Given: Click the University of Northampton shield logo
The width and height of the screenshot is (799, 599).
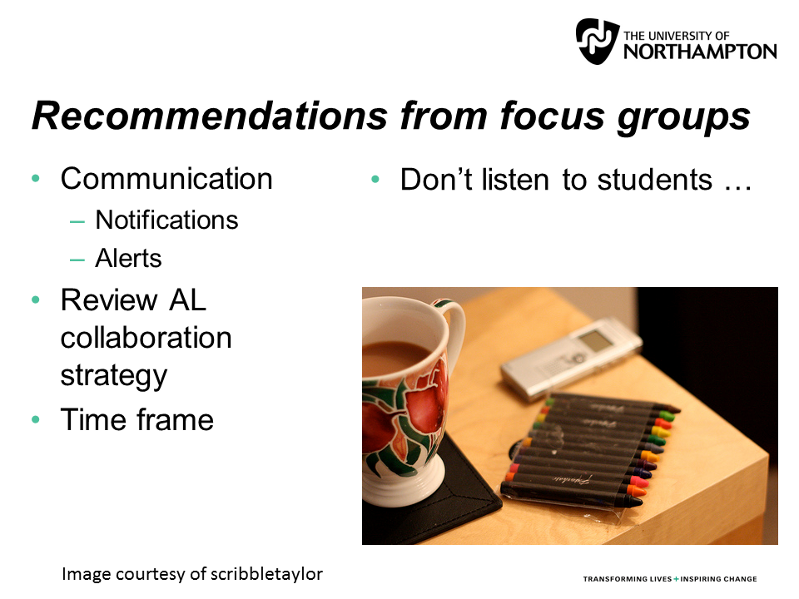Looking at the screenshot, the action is [x=598, y=41].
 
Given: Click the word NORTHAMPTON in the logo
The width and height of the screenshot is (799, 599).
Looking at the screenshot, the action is [x=700, y=52].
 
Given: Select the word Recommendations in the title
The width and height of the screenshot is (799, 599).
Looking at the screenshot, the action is [x=210, y=116].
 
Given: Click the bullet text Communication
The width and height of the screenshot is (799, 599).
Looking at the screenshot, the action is [x=166, y=179].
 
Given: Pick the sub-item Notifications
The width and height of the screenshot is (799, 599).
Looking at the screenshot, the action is [x=166, y=220].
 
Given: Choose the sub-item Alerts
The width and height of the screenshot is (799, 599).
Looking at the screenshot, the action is [x=128, y=258].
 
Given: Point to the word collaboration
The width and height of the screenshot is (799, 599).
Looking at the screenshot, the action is [x=146, y=338].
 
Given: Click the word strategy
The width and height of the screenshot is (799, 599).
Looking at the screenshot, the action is [x=114, y=376].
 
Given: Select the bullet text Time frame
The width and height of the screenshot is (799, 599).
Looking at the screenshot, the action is [x=137, y=419].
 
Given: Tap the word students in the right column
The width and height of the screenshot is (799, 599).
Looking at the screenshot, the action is [x=654, y=180].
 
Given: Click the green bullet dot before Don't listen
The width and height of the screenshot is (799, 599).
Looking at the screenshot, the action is [x=375, y=180].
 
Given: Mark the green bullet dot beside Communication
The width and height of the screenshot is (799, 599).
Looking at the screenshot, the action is [x=36, y=178].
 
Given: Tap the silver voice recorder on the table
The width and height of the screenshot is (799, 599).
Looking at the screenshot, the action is [x=571, y=359].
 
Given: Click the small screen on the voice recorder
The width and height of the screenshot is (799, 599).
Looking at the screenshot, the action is [x=596, y=339].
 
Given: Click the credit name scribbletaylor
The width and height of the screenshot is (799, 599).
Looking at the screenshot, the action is [x=266, y=575].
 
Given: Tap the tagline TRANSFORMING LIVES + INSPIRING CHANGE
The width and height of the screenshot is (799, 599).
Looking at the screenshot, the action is [x=669, y=579].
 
